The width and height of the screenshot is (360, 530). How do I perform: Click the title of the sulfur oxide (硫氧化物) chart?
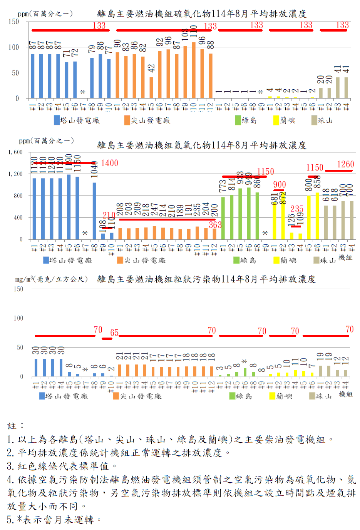coord(202,14)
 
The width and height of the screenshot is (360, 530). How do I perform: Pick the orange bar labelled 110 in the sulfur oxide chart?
coord(194,70)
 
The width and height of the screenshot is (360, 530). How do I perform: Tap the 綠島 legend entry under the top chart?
coord(246,120)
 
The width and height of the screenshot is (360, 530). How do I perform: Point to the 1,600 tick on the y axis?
coord(15,152)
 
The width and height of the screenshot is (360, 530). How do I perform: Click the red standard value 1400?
coord(109,163)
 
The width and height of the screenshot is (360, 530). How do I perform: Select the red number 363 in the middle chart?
coord(215,225)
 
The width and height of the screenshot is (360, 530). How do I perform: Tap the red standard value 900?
coord(280,185)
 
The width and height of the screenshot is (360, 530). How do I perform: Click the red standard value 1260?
coord(345,165)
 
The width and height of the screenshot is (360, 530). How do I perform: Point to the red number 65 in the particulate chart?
coord(114,333)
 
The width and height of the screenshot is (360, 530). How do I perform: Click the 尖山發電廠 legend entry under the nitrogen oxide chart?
coord(142,261)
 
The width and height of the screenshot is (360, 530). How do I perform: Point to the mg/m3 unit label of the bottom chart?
coord(51,279)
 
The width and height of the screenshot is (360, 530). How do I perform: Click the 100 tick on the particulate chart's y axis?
coord(18,318)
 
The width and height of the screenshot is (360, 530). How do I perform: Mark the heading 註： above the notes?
coord(16,426)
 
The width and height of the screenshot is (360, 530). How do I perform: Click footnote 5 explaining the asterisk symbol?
coord(54,520)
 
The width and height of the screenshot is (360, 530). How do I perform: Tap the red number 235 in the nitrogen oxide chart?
coord(297,209)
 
